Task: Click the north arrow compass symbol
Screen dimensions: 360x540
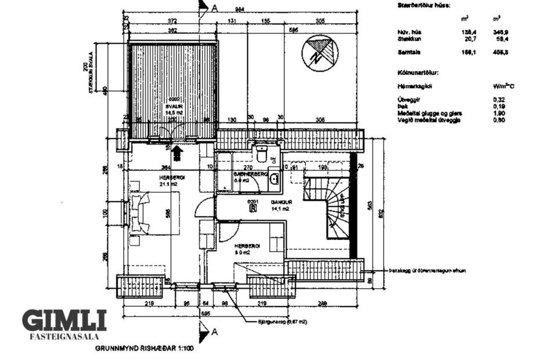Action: pyautogui.click(x=319, y=53)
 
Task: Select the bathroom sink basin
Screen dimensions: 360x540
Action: pyautogui.click(x=274, y=178)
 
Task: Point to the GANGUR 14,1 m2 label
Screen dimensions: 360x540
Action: pyautogui.click(x=279, y=205)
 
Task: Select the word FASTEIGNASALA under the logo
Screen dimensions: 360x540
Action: pyautogui.click(x=64, y=336)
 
